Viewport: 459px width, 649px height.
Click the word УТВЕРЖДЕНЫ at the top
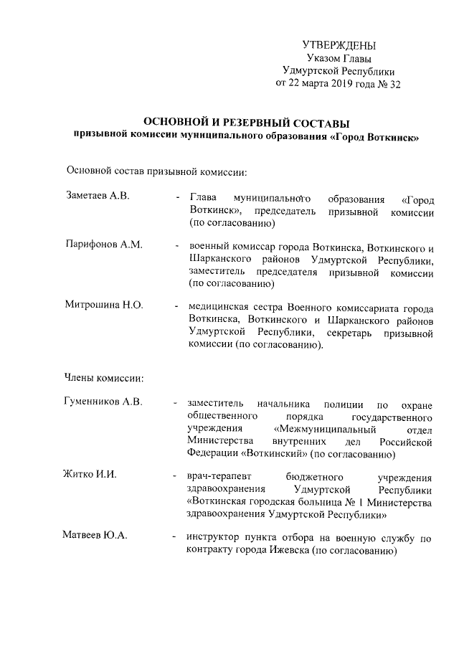339,46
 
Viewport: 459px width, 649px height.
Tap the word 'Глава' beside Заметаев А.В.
204,198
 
